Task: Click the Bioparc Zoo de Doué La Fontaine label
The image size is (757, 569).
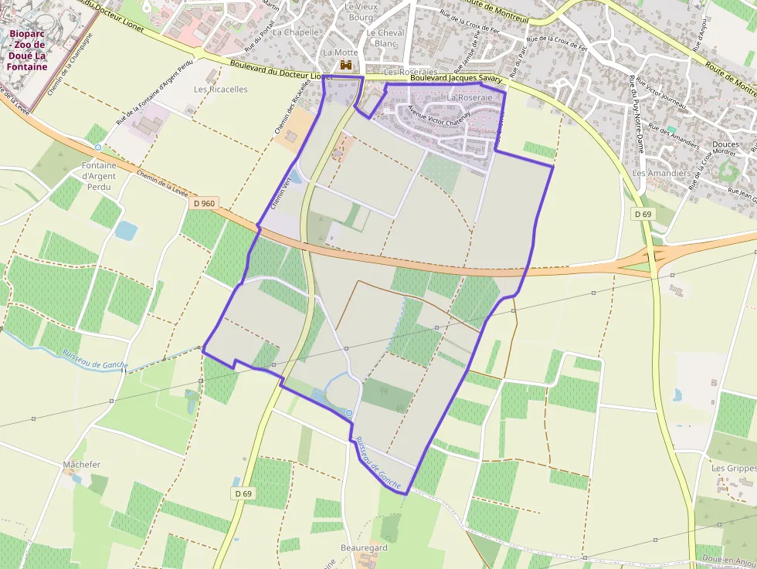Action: (28, 50)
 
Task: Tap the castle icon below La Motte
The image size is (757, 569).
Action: (348, 66)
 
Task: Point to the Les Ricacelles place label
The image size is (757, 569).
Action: (221, 89)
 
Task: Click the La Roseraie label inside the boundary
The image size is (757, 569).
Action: (469, 98)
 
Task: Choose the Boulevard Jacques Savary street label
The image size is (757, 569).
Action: (457, 78)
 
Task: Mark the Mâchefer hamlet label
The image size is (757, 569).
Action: (82, 465)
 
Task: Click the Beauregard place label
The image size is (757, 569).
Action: (364, 547)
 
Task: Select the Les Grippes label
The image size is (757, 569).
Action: (734, 468)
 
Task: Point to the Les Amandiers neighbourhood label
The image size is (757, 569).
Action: (661, 173)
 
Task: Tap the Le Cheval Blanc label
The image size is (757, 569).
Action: (385, 38)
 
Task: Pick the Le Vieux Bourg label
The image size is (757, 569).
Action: (361, 12)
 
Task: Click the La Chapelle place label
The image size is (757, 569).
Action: (296, 32)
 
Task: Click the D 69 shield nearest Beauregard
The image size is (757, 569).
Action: (243, 493)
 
